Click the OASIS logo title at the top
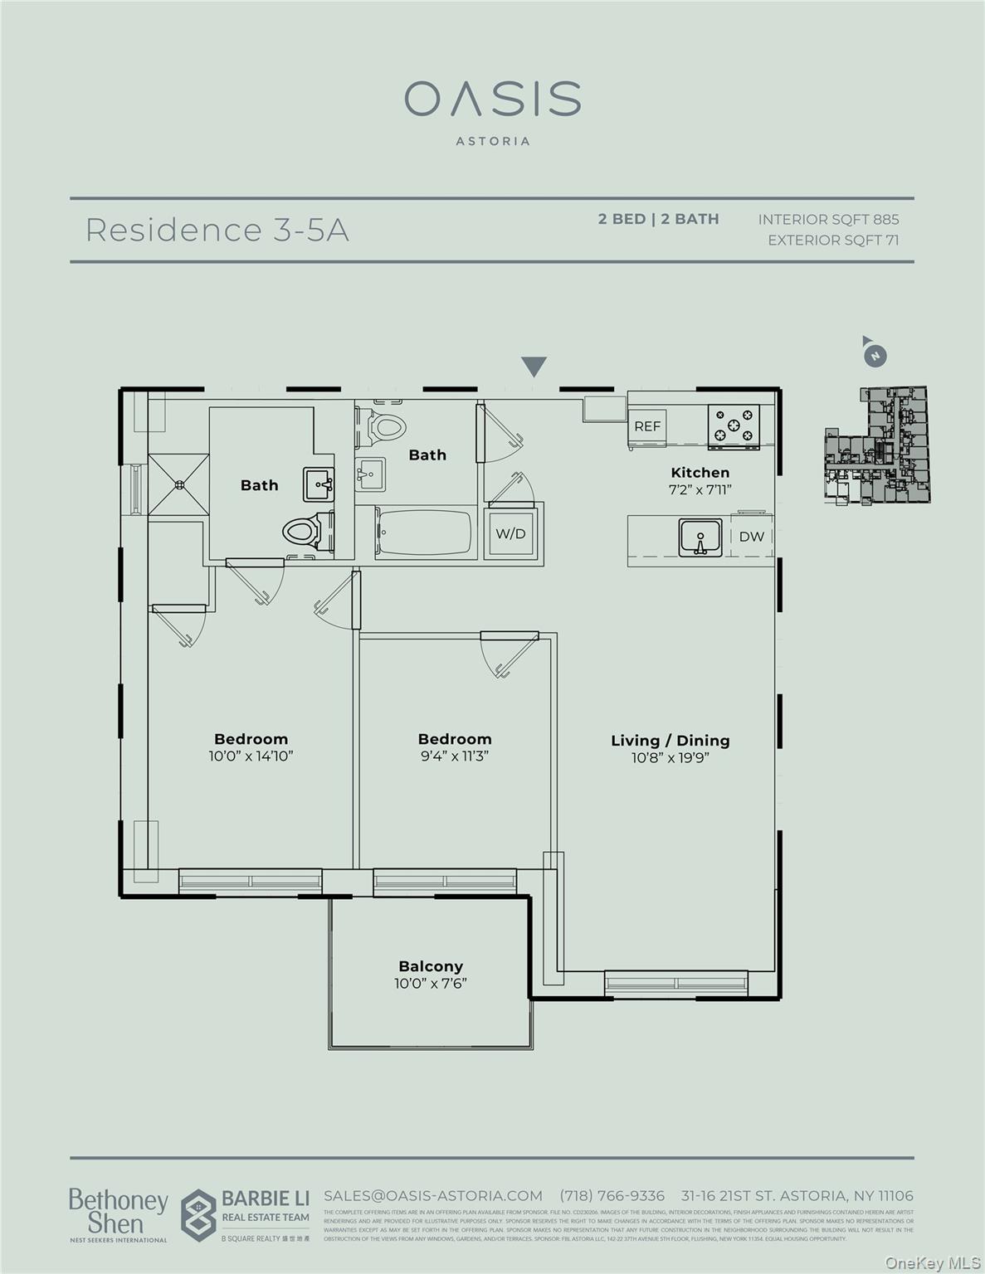(x=492, y=100)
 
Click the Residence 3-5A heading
(x=217, y=230)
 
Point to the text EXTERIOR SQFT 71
(x=832, y=241)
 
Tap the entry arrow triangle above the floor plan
(x=534, y=367)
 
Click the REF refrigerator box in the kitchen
(x=647, y=426)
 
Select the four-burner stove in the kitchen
(x=734, y=425)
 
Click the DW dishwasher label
(x=751, y=537)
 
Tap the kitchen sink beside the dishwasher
(x=700, y=537)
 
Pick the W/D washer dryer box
(x=511, y=533)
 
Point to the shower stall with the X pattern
(x=178, y=484)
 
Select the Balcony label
(x=431, y=966)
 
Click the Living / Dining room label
(x=670, y=741)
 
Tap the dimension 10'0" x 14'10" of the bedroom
(x=251, y=756)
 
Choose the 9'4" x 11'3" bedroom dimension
(x=455, y=756)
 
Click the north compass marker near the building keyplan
(x=874, y=356)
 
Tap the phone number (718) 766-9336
(x=612, y=1195)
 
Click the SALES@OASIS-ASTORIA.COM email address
(x=432, y=1195)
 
